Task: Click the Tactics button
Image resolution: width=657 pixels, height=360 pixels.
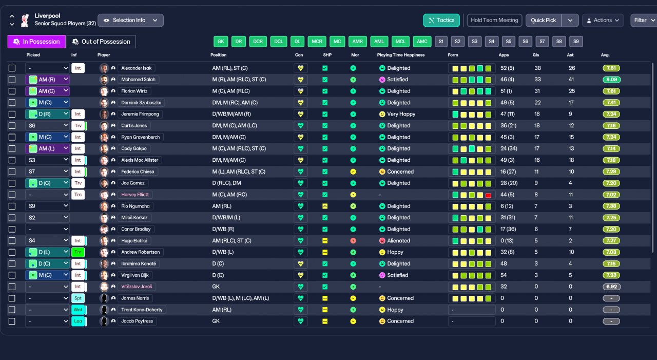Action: tap(441, 20)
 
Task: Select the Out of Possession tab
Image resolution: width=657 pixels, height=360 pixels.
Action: tap(101, 42)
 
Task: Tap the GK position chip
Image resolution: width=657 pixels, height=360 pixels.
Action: tap(221, 42)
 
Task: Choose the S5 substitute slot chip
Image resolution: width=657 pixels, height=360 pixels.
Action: tap(509, 42)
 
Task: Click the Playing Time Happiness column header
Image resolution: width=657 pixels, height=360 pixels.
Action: tap(401, 55)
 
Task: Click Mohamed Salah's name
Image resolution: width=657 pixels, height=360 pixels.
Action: tap(138, 80)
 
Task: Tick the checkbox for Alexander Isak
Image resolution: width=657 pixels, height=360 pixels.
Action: tap(12, 68)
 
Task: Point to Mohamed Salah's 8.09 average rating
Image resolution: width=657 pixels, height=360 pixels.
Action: tap(611, 80)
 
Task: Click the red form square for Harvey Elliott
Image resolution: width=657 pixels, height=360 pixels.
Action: tap(488, 195)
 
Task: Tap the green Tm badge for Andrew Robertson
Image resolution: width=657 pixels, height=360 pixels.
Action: tap(78, 252)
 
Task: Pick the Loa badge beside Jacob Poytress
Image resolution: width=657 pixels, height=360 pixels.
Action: tap(78, 321)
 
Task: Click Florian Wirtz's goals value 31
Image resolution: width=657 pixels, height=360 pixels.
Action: tap(537, 91)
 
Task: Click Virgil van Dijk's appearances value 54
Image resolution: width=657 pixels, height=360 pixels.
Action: tap(504, 275)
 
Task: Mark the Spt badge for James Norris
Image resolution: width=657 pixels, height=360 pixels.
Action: tap(78, 298)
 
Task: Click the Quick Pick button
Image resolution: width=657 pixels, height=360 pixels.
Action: tap(543, 20)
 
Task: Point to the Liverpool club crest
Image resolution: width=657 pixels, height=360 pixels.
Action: tap(25, 20)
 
